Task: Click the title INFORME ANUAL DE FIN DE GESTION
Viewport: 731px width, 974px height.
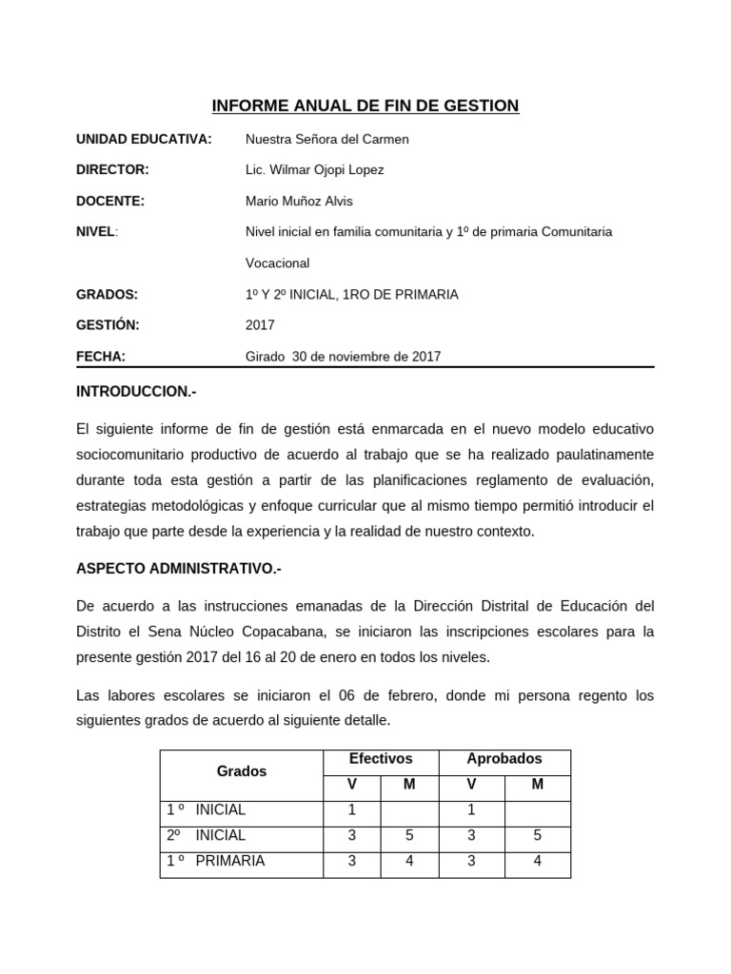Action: (365, 106)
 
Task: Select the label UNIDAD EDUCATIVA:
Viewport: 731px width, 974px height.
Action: (144, 139)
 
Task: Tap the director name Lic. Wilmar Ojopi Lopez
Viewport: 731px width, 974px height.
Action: (314, 169)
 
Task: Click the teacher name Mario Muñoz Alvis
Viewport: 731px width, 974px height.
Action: (299, 201)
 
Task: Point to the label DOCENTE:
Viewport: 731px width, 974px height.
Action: (110, 201)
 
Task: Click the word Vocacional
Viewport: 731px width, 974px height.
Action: (277, 263)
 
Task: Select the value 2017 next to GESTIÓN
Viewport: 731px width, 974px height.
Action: (260, 324)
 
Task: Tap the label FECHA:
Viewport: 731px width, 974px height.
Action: (101, 357)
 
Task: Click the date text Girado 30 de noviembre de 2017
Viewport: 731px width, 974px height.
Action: (343, 357)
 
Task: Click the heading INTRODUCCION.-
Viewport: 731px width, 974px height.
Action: (136, 392)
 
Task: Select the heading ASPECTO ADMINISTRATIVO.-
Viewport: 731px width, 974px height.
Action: (179, 569)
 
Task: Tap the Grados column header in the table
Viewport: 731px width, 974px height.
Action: (242, 771)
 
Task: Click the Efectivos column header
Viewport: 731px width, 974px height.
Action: (381, 759)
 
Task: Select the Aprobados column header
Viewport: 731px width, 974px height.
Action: (504, 759)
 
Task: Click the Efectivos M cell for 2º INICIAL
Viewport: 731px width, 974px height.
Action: (409, 835)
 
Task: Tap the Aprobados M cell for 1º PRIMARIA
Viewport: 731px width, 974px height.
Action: (537, 861)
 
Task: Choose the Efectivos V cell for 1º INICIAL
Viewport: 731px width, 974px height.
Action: (351, 809)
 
